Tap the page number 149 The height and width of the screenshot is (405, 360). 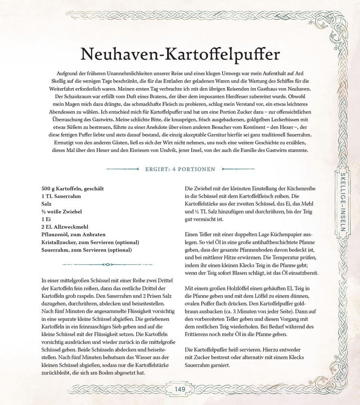point(180,390)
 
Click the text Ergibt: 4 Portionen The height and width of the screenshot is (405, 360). point(180,169)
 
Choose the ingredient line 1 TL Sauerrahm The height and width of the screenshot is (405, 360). point(61,196)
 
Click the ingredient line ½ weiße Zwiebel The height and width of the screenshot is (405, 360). point(62,211)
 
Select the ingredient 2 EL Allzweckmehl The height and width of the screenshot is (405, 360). point(65,227)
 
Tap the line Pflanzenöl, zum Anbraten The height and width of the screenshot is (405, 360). point(73,234)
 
